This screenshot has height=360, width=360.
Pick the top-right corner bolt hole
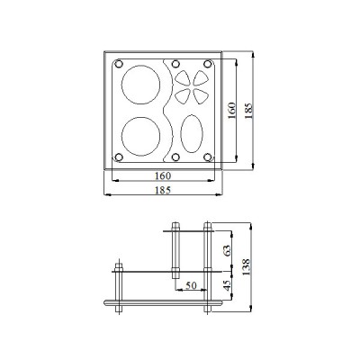pos(209,65)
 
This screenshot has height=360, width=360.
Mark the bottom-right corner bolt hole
pos(209,158)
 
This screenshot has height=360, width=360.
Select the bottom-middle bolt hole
pos(172,158)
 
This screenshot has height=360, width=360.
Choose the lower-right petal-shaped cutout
pos(199,96)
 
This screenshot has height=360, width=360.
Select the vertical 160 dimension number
pos(231,111)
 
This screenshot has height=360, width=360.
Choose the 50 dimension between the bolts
pos(190,286)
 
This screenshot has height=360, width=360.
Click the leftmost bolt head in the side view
pos(117,266)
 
